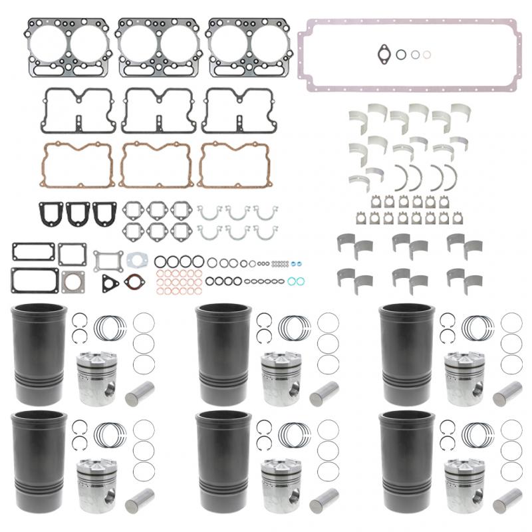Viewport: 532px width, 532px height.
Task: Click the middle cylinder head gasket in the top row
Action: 158,46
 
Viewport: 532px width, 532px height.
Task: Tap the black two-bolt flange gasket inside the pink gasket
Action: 384,53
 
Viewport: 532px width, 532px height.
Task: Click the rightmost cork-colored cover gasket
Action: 232,164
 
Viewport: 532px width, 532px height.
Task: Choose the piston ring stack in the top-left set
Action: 110,327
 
